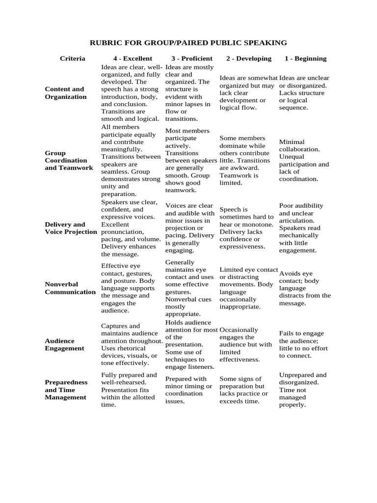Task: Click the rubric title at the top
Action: tap(188, 43)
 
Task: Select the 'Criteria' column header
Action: tap(73, 58)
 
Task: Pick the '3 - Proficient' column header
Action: tap(192, 58)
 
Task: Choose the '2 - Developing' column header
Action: tap(248, 58)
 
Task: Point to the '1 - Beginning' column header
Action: tap(305, 58)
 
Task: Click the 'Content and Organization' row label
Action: tap(65, 93)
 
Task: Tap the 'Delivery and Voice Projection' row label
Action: tap(71, 228)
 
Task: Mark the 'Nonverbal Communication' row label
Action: tap(70, 288)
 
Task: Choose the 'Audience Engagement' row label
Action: tap(64, 344)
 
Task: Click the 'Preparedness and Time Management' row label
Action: tap(66, 390)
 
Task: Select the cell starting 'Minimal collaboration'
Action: tap(304, 160)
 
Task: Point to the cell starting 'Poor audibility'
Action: tap(305, 228)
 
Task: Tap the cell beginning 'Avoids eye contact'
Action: tap(305, 288)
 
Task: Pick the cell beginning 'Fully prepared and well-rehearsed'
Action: tap(130, 390)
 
